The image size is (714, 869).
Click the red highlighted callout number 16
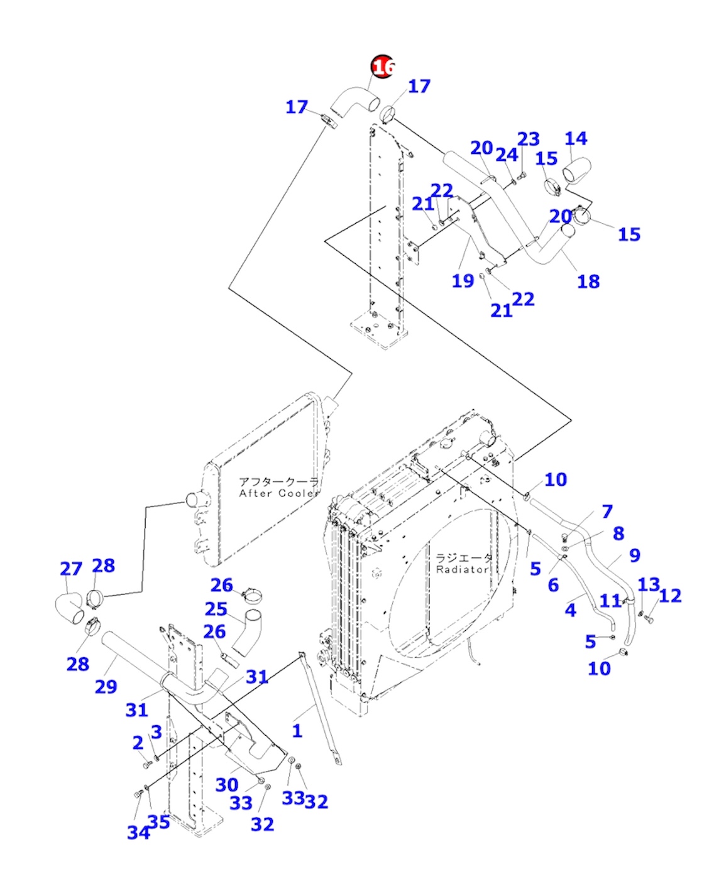click(x=383, y=66)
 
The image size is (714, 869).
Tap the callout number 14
click(x=576, y=139)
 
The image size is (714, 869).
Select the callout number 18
click(x=588, y=281)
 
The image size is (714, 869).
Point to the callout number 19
click(x=463, y=281)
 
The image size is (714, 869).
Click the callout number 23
click(x=529, y=139)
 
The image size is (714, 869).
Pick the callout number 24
click(x=507, y=155)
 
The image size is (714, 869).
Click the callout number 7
click(x=607, y=511)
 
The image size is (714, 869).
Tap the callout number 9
click(x=634, y=555)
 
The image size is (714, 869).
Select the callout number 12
click(x=670, y=596)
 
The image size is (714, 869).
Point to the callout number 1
click(x=297, y=731)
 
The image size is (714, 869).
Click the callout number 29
click(x=106, y=687)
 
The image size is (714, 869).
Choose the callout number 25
click(x=216, y=609)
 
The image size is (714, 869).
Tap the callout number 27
click(x=71, y=569)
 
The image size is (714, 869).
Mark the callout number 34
click(x=138, y=833)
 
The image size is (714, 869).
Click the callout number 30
click(x=227, y=784)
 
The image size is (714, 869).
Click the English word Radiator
click(x=462, y=569)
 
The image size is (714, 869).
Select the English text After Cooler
click(x=278, y=493)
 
